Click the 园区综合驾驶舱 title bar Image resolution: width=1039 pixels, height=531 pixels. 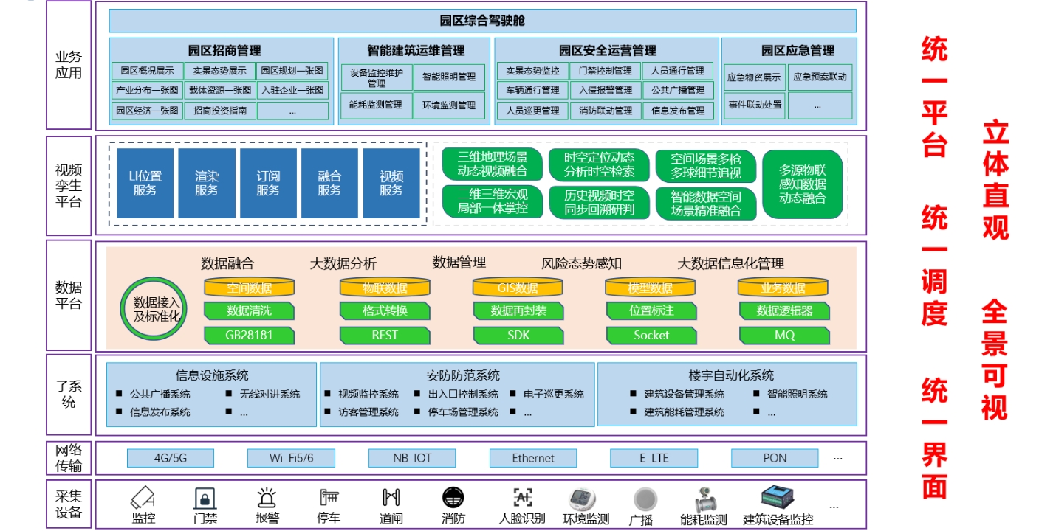(482, 21)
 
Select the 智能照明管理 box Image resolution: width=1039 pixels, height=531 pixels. (449, 77)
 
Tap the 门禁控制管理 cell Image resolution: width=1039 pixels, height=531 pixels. (605, 72)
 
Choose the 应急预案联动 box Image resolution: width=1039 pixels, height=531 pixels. (820, 77)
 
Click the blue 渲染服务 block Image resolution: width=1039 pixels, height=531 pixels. (207, 184)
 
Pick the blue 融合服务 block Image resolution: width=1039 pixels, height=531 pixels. (329, 184)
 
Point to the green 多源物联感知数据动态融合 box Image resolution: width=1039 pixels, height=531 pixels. (802, 184)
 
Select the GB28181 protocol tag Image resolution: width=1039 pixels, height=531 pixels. (249, 335)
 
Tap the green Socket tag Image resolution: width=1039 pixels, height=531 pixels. (651, 335)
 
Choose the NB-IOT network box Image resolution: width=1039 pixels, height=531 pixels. (412, 458)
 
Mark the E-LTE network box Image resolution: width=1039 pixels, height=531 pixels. (654, 458)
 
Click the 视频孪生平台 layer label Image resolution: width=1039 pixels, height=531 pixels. (69, 185)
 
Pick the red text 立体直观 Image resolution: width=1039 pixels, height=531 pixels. (995, 181)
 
